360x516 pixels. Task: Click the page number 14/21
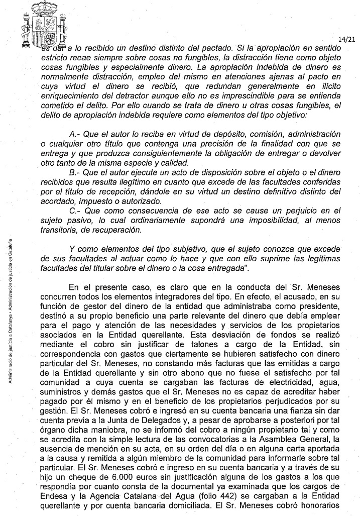pos(346,38)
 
